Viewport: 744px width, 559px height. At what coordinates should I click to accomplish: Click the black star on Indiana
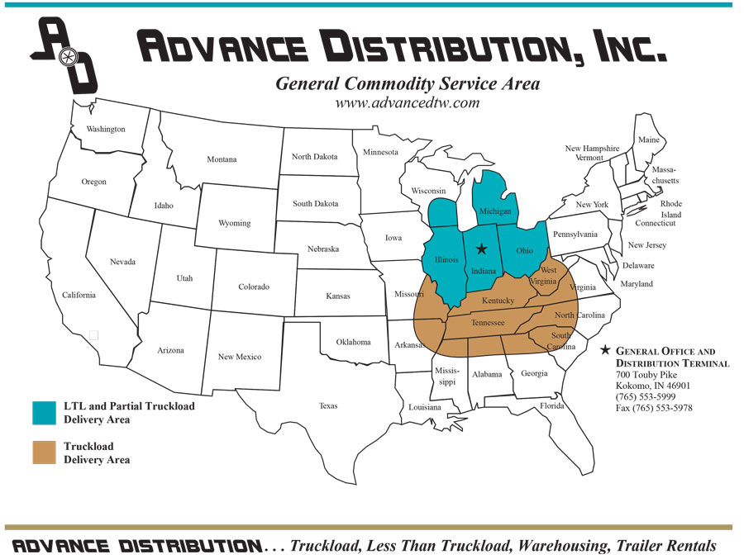[482, 249]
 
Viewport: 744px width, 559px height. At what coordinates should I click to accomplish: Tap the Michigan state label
[495, 212]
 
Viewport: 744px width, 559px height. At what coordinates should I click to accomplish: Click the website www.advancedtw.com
[407, 103]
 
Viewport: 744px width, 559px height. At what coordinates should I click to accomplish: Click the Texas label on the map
[328, 405]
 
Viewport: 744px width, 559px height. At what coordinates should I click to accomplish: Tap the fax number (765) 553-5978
[654, 408]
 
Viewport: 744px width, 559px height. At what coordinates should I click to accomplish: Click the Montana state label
[222, 159]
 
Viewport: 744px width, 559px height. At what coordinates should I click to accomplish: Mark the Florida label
[552, 406]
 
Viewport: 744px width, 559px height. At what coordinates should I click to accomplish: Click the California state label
[79, 295]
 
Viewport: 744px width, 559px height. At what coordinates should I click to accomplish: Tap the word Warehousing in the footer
[537, 546]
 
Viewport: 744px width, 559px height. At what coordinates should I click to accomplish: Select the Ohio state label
[525, 251]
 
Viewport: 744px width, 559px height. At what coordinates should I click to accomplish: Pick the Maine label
[648, 140]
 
